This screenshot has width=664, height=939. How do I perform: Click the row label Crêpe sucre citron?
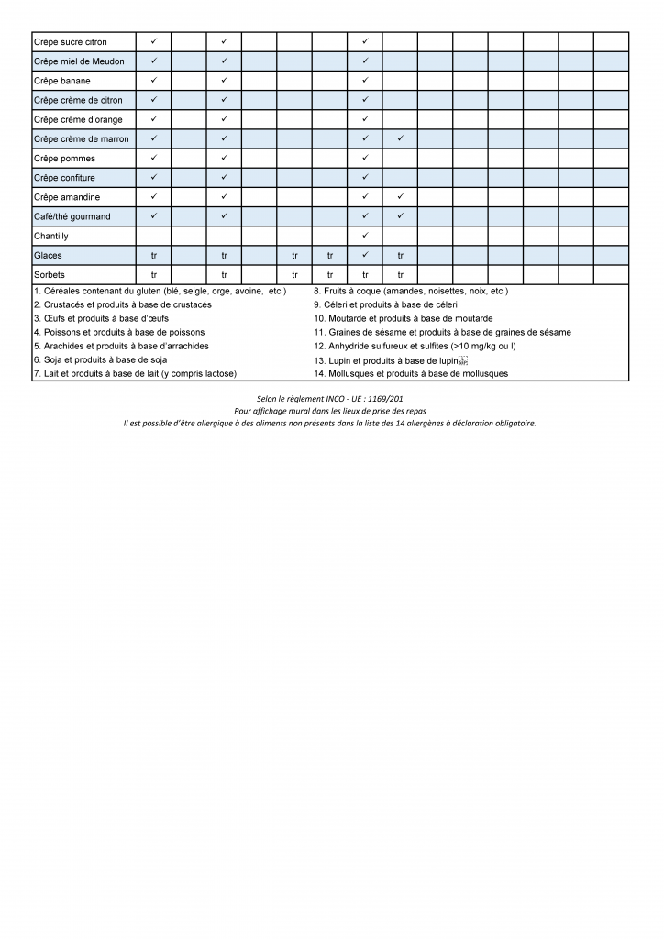click(71, 42)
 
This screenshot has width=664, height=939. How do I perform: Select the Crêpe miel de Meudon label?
click(79, 61)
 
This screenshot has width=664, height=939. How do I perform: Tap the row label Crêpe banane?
click(61, 81)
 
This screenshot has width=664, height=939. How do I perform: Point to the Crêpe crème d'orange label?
click(78, 120)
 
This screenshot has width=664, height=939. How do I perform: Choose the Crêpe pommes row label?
click(64, 159)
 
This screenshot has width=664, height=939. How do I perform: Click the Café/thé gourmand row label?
click(72, 216)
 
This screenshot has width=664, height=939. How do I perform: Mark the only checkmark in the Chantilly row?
click(365, 236)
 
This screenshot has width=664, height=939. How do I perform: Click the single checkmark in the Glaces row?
click(365, 255)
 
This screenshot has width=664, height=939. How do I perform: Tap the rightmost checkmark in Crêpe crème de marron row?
click(401, 138)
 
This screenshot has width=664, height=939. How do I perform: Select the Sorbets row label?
click(49, 274)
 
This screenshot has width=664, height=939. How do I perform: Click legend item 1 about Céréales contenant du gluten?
click(160, 291)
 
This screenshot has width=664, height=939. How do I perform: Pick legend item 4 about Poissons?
click(119, 332)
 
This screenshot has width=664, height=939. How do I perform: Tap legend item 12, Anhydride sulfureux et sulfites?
click(415, 346)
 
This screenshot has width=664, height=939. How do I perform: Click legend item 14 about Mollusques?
click(410, 373)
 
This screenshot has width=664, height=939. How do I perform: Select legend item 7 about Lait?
click(135, 373)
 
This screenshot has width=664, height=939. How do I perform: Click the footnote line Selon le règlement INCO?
click(330, 399)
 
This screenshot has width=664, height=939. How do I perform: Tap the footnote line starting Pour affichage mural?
click(330, 411)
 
